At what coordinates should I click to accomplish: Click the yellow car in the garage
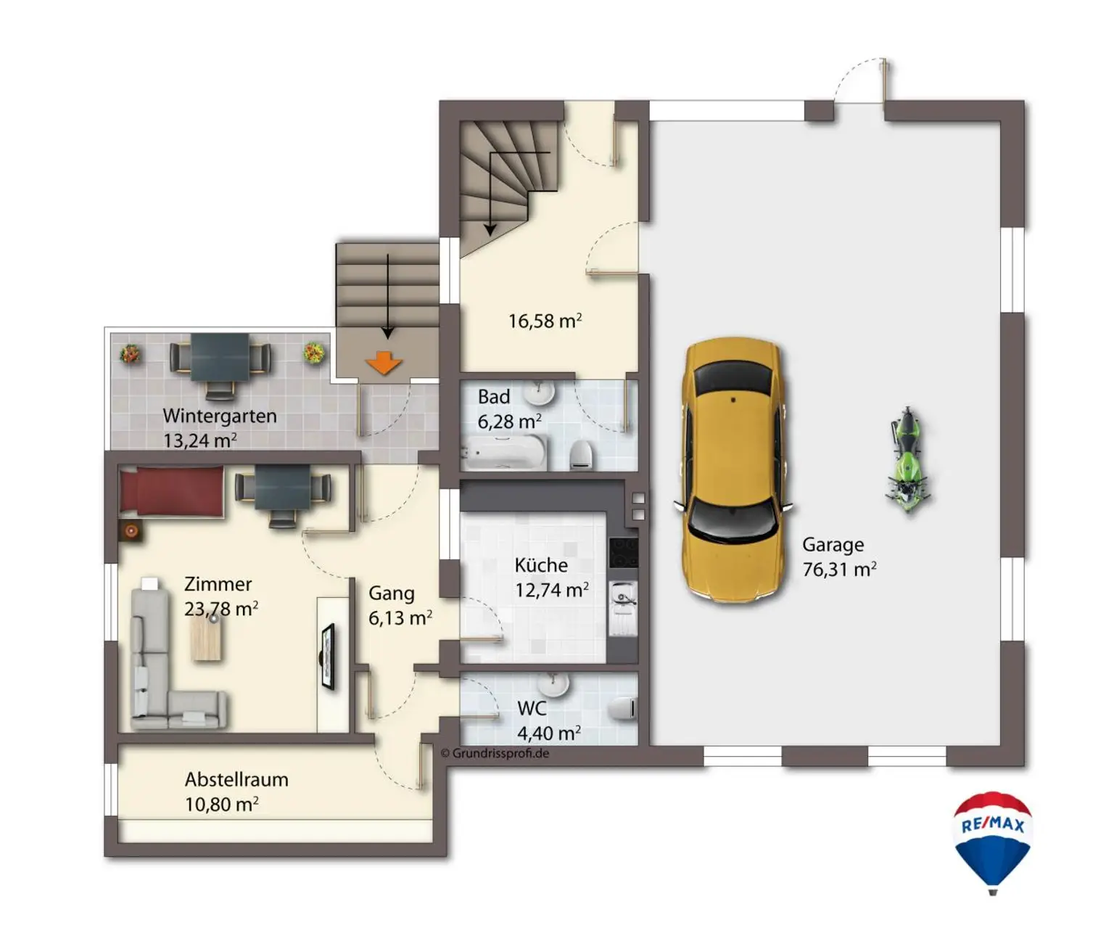733,469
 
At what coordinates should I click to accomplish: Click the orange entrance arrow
384,362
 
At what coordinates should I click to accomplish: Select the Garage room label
833,545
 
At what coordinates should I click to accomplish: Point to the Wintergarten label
220,416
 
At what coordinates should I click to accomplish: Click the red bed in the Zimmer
171,490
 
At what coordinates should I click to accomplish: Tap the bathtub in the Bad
505,451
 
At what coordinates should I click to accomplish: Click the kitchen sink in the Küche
623,607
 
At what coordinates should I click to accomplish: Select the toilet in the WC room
624,708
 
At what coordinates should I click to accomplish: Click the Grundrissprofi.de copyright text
495,753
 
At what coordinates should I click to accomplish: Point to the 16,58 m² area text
545,321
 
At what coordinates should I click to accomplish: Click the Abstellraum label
236,780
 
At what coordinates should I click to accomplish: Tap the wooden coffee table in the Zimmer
206,638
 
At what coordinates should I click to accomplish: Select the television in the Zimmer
328,657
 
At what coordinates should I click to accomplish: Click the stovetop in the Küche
624,552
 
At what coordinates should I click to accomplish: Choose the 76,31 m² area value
839,570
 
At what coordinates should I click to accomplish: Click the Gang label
391,593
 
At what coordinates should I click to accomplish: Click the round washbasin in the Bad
540,393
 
